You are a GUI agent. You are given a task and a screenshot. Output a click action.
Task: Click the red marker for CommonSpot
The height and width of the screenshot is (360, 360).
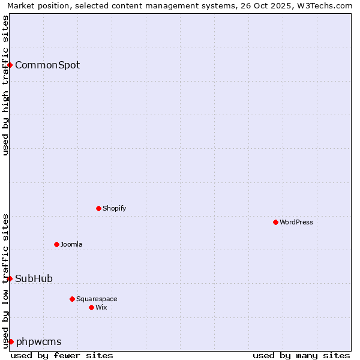[10, 65]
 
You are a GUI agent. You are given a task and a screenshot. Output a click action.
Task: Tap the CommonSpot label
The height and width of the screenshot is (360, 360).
[47, 65]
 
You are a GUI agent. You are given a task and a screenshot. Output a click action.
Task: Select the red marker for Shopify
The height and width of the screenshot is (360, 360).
[98, 208]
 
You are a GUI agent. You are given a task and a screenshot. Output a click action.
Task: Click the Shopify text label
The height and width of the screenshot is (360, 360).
[114, 208]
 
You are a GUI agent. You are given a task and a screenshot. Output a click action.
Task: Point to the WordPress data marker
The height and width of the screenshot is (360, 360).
[275, 222]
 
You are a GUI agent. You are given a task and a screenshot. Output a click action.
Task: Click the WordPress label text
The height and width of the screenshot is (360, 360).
[296, 222]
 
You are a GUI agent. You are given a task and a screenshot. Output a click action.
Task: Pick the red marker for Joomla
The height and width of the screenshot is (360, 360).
[56, 244]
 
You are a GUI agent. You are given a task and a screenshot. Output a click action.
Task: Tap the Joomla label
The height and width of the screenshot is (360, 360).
[71, 244]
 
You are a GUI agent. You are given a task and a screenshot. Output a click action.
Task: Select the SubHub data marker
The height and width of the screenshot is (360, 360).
[10, 278]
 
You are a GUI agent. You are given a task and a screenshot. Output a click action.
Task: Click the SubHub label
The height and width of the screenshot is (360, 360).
[34, 278]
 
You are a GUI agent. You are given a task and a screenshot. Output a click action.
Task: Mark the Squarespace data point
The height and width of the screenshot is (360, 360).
[72, 299]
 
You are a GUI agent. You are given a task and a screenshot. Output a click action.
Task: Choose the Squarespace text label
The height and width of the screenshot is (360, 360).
[97, 299]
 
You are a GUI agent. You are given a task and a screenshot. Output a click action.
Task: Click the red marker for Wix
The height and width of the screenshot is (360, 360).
[91, 307]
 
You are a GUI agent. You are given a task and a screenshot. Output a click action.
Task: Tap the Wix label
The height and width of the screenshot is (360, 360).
[101, 307]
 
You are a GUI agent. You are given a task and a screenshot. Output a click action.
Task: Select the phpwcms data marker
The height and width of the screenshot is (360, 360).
[11, 341]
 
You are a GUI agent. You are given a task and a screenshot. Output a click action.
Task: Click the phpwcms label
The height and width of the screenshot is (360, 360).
[38, 341]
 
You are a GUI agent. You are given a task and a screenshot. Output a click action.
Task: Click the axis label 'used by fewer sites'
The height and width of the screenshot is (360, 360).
[62, 355]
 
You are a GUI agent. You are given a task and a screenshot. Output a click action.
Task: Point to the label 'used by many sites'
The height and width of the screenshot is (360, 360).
[301, 355]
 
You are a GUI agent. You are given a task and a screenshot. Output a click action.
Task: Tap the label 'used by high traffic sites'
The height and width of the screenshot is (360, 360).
[6, 85]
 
